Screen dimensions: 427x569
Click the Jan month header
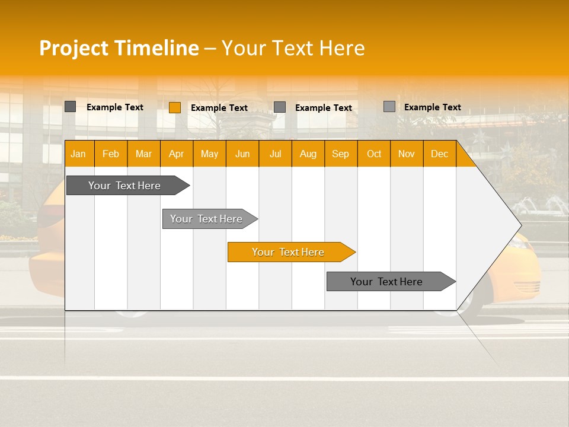point(78,154)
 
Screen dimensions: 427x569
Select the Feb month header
point(111,154)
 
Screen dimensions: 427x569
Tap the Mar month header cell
point(143,154)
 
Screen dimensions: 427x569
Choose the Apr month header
point(176,154)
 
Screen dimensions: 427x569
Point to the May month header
point(209,154)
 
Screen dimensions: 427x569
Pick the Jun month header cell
point(242,154)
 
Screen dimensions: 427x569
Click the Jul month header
point(275,154)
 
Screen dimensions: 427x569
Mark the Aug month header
point(308,154)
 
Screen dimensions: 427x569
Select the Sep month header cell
point(340,154)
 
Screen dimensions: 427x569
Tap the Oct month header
point(374,154)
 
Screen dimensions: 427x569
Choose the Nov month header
point(407,154)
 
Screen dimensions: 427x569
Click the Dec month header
point(439,154)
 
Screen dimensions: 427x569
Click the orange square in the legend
point(175,107)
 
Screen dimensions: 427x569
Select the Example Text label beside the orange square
point(219,108)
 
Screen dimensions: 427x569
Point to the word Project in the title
point(73,48)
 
